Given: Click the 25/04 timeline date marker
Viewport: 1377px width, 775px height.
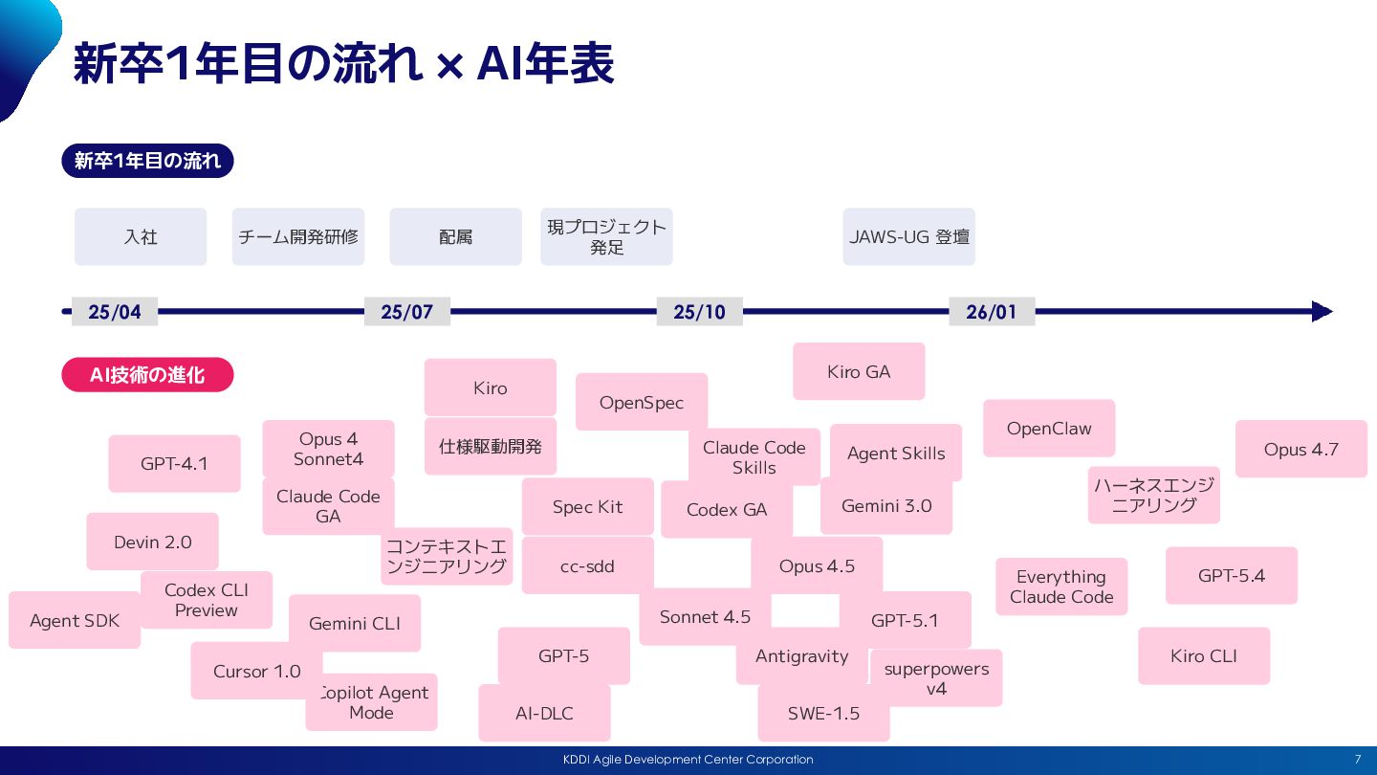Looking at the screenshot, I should [115, 312].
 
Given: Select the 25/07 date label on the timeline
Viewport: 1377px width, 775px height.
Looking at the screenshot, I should [407, 312].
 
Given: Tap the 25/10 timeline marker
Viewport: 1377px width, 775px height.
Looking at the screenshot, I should [699, 312].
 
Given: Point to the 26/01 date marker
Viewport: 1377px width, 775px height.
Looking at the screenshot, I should [992, 312].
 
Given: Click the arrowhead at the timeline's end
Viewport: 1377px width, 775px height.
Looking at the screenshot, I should [1322, 312].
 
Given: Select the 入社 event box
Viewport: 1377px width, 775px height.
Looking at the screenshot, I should [141, 236].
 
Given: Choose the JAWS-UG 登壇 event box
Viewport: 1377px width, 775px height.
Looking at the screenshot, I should [908, 236].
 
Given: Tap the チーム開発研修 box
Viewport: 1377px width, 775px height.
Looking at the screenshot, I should [298, 236].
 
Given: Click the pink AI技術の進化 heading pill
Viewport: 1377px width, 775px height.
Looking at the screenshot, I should [147, 375].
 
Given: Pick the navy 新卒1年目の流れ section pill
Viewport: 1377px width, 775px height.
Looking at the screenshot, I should [147, 161].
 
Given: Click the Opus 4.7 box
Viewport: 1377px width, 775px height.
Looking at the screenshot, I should [1300, 449].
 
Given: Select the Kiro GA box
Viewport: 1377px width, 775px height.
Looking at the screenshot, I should [859, 371].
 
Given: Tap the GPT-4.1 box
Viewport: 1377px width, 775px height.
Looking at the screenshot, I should [174, 464].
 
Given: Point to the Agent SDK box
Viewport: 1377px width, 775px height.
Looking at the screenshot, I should [75, 620].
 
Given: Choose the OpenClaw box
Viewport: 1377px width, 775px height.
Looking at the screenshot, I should [1049, 429].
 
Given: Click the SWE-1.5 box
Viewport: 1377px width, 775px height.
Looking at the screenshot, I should [823, 713].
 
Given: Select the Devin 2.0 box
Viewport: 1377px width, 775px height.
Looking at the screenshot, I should [152, 542].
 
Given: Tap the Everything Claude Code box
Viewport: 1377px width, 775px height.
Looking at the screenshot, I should [1061, 587].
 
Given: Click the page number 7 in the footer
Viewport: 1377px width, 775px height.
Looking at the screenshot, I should [1357, 760].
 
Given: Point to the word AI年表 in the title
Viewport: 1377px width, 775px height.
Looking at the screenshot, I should [545, 64].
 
